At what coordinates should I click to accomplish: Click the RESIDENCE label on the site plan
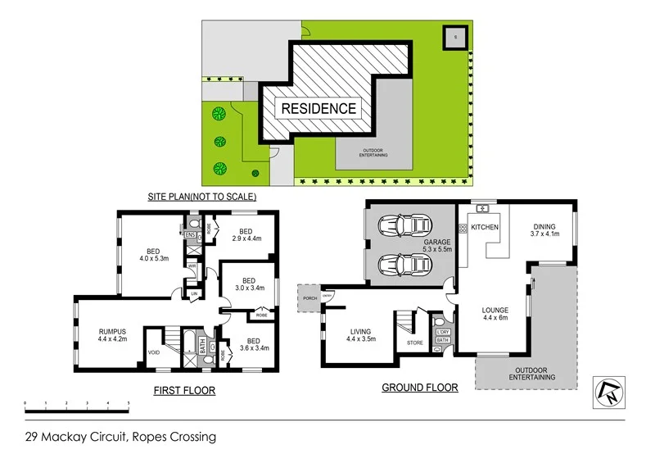point(319,108)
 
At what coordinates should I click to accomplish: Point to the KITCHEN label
point(484,227)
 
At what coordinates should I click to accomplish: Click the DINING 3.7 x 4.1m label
point(544,231)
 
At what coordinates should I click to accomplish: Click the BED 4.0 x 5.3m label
point(153,256)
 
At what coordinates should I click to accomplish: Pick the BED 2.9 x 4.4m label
point(245,234)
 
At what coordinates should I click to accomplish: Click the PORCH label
point(310,299)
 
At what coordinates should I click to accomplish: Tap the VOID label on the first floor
point(154,353)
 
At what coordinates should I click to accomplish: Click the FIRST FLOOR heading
point(184,391)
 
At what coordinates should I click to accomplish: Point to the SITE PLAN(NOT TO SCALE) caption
point(201,197)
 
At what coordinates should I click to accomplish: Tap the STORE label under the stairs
point(415,343)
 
